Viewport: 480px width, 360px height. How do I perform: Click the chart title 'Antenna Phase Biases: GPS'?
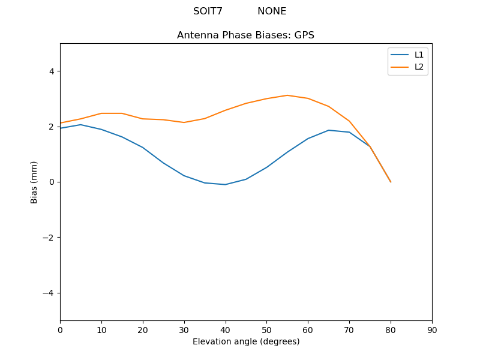pyautogui.click(x=245, y=35)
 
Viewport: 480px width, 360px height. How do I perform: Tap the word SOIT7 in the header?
pyautogui.click(x=208, y=11)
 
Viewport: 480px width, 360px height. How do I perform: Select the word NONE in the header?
pyautogui.click(x=272, y=11)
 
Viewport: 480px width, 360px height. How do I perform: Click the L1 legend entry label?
pyautogui.click(x=419, y=55)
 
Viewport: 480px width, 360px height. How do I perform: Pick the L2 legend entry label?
pyautogui.click(x=419, y=67)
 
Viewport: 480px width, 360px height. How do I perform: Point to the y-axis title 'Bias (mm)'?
pyautogui.click(x=34, y=182)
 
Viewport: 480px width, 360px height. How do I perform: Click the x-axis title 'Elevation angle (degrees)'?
pyautogui.click(x=246, y=341)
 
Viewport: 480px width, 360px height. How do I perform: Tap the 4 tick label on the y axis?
pyautogui.click(x=51, y=71)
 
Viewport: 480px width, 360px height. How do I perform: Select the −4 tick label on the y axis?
pyautogui.click(x=48, y=293)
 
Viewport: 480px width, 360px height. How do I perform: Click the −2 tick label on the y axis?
pyautogui.click(x=48, y=238)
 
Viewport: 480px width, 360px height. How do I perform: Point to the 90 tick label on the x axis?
pyautogui.click(x=432, y=329)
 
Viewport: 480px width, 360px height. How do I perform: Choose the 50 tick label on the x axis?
pyautogui.click(x=266, y=329)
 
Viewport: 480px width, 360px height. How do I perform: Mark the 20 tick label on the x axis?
pyautogui.click(x=143, y=329)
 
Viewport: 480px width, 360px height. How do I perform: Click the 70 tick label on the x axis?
pyautogui.click(x=349, y=329)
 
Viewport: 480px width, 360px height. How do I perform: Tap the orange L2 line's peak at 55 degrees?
pyautogui.click(x=287, y=95)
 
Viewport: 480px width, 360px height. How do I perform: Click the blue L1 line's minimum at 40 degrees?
pyautogui.click(x=225, y=185)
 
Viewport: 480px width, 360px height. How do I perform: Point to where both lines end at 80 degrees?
pyautogui.click(x=391, y=182)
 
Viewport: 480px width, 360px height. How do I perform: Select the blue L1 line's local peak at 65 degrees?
pyautogui.click(x=329, y=130)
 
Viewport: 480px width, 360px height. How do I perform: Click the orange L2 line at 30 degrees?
pyautogui.click(x=184, y=122)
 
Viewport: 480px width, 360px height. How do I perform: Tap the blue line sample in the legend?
pyautogui.click(x=400, y=55)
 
